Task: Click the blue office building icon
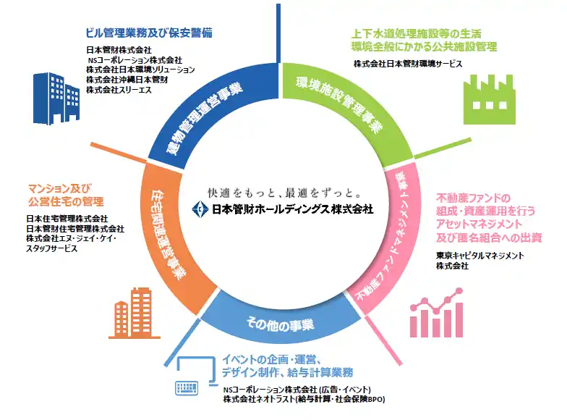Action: click(x=56, y=98)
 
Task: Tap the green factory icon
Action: click(x=489, y=99)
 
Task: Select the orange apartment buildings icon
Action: click(x=135, y=313)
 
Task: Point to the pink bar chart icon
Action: click(x=437, y=313)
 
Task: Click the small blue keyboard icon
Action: click(x=187, y=388)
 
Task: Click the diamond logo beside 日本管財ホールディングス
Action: click(x=200, y=209)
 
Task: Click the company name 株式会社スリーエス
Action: click(x=119, y=90)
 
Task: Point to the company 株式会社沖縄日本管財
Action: click(x=127, y=80)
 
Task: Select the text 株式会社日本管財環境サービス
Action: click(x=408, y=64)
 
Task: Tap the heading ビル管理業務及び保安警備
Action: click(x=149, y=33)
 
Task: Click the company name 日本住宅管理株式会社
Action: click(x=67, y=219)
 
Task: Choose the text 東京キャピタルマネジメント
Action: click(x=480, y=256)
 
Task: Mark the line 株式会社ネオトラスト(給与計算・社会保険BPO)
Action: click(x=304, y=400)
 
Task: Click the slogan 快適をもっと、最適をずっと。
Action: click(x=285, y=193)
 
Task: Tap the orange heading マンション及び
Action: click(x=60, y=188)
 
